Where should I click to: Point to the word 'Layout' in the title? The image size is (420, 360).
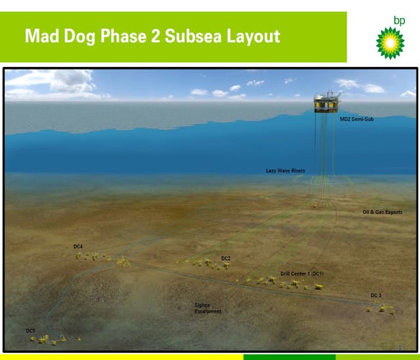pos(253,35)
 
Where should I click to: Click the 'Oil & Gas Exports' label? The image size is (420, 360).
pos(382,212)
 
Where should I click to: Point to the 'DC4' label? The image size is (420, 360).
pos(78,247)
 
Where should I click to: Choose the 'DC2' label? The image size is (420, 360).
pos(226,258)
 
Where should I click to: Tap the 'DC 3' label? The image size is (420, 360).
pos(375,296)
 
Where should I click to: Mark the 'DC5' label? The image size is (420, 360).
pos(30,330)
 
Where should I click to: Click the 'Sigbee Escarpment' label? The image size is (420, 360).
pos(207,308)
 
